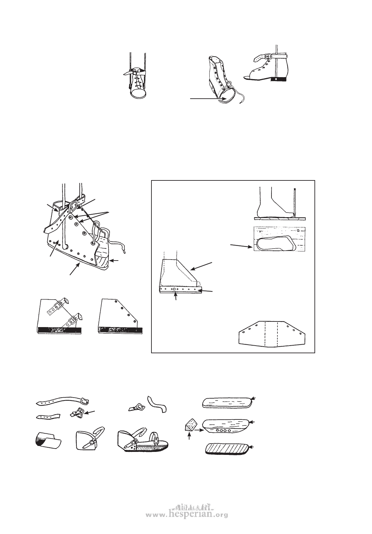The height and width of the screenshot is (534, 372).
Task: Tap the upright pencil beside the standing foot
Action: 294,202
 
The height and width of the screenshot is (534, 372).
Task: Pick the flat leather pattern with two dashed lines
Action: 272,334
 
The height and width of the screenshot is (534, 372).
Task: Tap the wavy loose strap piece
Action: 157,404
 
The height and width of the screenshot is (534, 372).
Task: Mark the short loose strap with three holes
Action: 48,416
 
